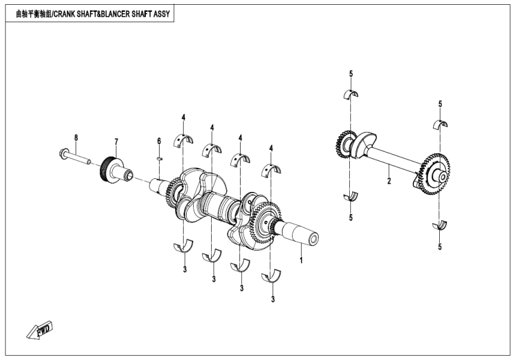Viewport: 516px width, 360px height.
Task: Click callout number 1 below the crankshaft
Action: (x=301, y=260)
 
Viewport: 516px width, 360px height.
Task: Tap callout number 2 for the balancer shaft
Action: (x=389, y=180)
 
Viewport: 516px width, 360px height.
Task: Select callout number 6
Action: (x=159, y=140)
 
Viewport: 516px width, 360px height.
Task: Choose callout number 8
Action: (x=76, y=137)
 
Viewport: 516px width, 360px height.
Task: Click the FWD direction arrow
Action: (x=40, y=331)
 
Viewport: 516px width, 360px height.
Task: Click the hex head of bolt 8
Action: (x=64, y=152)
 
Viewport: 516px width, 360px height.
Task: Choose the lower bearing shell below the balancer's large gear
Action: (x=440, y=225)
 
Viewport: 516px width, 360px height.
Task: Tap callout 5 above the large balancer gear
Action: (x=440, y=104)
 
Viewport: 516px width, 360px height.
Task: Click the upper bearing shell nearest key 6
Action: (x=184, y=140)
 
